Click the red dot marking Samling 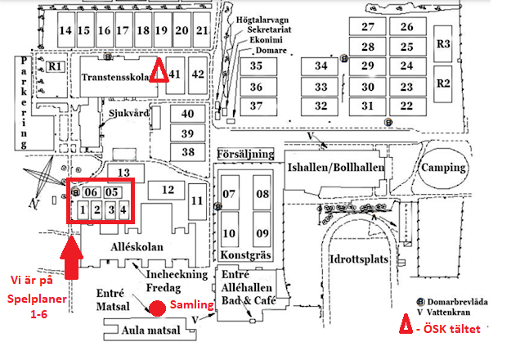pyautogui.click(x=157, y=308)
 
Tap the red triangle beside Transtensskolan pyautogui.click(x=159, y=70)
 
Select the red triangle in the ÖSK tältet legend pyautogui.click(x=406, y=323)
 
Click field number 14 pyautogui.click(x=66, y=29)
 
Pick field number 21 pyautogui.click(x=202, y=29)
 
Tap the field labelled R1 pyautogui.click(x=55, y=66)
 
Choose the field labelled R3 pyautogui.click(x=443, y=44)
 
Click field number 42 pyautogui.click(x=198, y=75)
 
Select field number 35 pyautogui.click(x=258, y=66)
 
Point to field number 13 pyautogui.click(x=126, y=173)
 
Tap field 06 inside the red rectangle pyautogui.click(x=91, y=192)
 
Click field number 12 pyautogui.click(x=166, y=190)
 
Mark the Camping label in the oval pyautogui.click(x=443, y=168)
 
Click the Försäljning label pyautogui.click(x=246, y=154)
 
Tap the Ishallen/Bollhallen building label pyautogui.click(x=336, y=167)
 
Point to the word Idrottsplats pyautogui.click(x=359, y=259)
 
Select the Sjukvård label pyautogui.click(x=129, y=113)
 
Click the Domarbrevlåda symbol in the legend pyautogui.click(x=420, y=302)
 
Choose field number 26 pyautogui.click(x=407, y=26)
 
